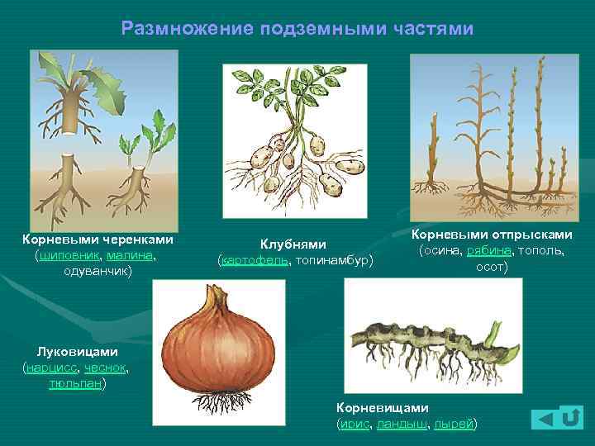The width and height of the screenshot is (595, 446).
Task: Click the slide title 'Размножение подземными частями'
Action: click(x=297, y=29)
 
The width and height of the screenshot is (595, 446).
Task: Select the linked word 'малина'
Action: click(x=130, y=255)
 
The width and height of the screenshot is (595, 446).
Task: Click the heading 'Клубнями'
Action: click(x=293, y=244)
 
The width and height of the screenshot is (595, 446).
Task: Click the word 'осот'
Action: click(x=492, y=267)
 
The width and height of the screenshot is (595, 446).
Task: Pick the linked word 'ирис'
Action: click(x=355, y=424)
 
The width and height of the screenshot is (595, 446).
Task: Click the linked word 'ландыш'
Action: click(x=402, y=424)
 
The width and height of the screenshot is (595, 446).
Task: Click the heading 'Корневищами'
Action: click(x=383, y=407)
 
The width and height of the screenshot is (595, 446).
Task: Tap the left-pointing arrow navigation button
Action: click(x=542, y=420)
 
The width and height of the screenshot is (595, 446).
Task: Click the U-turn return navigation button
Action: click(x=570, y=418)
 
